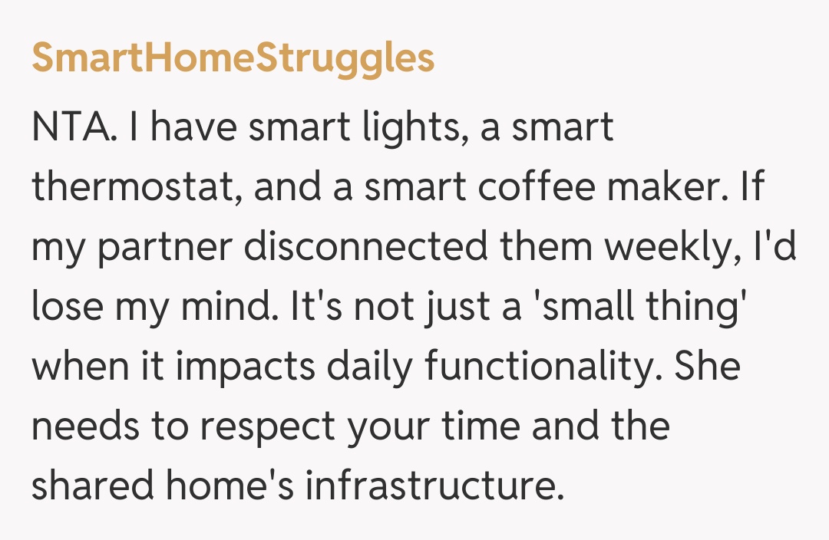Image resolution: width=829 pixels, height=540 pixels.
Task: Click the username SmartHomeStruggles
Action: [x=233, y=59]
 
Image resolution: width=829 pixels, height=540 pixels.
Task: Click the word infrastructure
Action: [x=430, y=487]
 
